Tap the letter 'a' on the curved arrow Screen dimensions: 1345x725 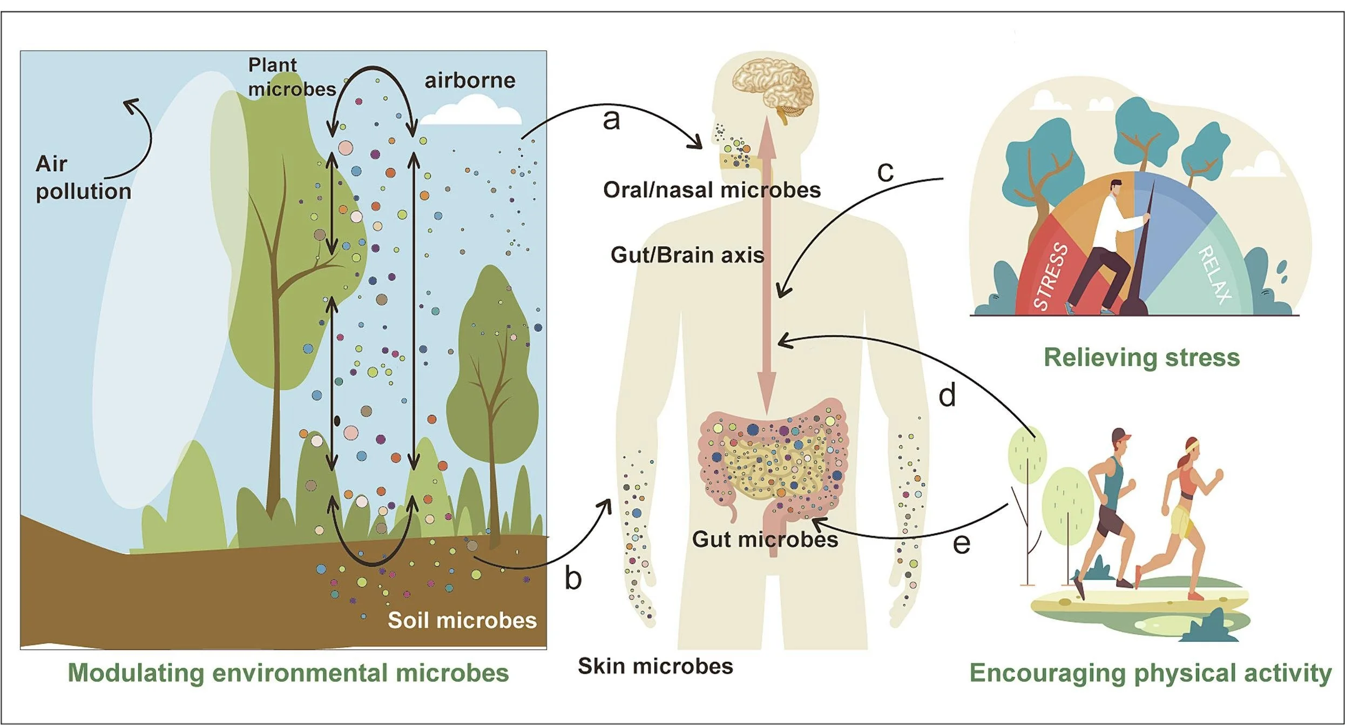[611, 120]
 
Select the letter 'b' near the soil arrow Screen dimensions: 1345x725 [573, 577]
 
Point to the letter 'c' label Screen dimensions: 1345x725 [886, 172]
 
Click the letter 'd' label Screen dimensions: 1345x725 [947, 395]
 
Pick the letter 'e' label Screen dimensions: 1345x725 [962, 543]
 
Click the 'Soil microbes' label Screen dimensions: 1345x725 [462, 620]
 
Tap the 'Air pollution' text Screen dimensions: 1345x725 [84, 178]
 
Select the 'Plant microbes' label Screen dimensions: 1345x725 [292, 77]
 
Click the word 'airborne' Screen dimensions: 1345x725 [470, 80]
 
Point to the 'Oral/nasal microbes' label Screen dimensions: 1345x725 [712, 190]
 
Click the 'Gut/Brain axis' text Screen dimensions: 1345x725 [687, 255]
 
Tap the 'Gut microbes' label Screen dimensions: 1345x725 [765, 539]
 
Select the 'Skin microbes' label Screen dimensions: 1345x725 [655, 666]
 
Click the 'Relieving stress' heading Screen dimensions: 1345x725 [1142, 358]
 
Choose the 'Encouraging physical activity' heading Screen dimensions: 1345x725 [1151, 673]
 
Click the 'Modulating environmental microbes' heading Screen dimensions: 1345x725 [288, 673]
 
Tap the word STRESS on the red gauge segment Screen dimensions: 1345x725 [1050, 277]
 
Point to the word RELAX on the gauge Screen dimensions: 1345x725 [1215, 274]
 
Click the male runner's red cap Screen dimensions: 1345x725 [1121, 435]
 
